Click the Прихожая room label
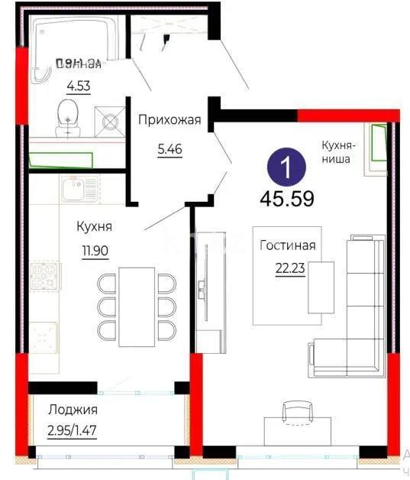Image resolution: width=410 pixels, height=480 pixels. coord(169,119)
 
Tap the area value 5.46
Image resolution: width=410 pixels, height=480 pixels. coord(169,150)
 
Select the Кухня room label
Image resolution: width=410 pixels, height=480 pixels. coord(95,226)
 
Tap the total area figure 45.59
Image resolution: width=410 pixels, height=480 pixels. coord(287,200)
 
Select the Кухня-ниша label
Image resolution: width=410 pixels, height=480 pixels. coord(336,152)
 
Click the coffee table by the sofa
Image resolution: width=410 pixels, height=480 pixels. coord(321,287)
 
